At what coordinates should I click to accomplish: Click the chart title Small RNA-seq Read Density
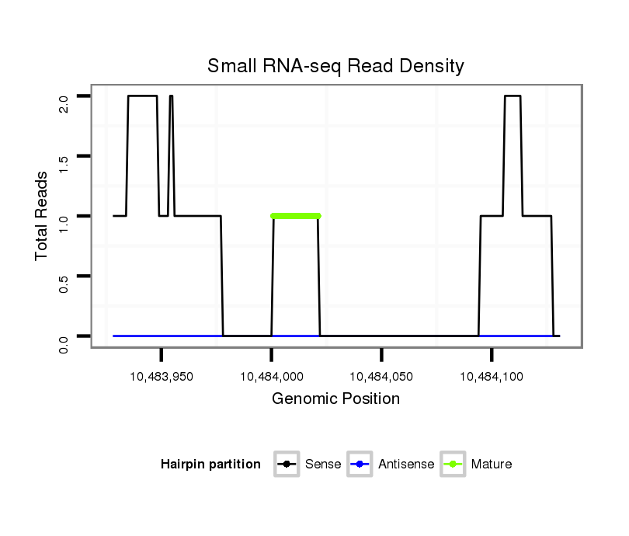point(335,66)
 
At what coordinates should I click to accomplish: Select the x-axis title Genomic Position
point(335,399)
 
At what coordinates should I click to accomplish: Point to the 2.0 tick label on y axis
point(64,103)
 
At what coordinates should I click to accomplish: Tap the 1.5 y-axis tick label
point(64,162)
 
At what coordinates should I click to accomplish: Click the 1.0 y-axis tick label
point(64,222)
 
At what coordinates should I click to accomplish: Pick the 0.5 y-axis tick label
point(64,282)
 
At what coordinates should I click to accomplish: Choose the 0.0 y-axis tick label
point(64,342)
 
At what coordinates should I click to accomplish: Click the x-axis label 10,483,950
point(162,377)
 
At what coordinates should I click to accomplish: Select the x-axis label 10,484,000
point(272,377)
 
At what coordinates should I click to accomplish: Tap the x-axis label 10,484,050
point(381,377)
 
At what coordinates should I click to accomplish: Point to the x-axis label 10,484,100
point(492,377)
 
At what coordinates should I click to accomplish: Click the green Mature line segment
point(296,216)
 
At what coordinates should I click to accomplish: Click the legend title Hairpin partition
point(210,465)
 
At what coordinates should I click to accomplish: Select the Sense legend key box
point(287,465)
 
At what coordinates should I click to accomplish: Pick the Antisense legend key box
point(360,465)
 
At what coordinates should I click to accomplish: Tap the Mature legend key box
point(453,465)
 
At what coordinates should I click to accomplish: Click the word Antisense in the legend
point(406,465)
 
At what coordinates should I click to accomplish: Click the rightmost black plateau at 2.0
point(513,96)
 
